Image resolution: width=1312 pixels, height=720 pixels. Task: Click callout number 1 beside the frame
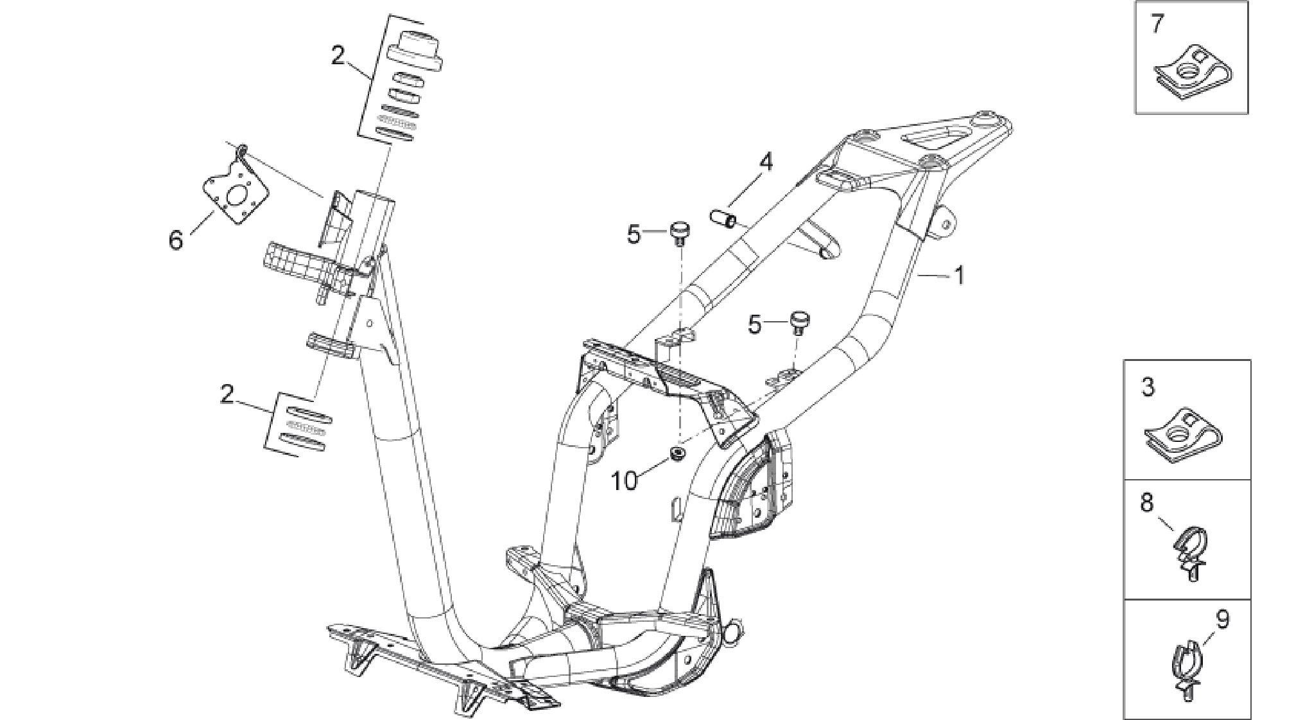(x=960, y=276)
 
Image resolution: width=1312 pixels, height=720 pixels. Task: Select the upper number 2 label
(x=338, y=57)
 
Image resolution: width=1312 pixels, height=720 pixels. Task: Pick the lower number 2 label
(x=227, y=394)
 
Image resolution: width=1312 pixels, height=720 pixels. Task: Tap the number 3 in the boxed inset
(x=1148, y=387)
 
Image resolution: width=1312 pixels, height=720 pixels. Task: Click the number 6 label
(x=175, y=240)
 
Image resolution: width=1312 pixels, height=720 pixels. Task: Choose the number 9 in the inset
(x=1222, y=620)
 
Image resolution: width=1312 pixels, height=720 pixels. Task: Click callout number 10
(x=625, y=480)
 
